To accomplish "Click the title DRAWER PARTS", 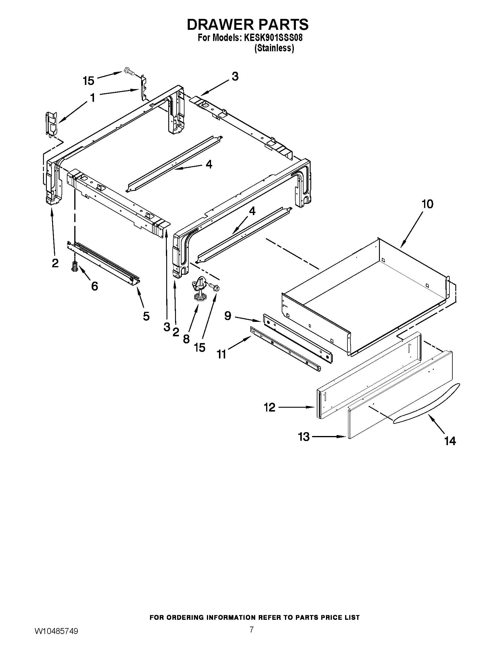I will click(x=248, y=24).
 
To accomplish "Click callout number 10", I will click(x=427, y=204).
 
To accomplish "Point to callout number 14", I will click(x=450, y=441).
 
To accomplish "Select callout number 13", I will click(x=304, y=437).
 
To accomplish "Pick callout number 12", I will click(x=269, y=407).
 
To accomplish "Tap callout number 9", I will click(x=228, y=316).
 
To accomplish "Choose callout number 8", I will click(x=186, y=339).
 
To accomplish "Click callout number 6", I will click(x=94, y=286).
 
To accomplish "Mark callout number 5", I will click(x=146, y=316).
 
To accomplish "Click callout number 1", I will click(x=93, y=98).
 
